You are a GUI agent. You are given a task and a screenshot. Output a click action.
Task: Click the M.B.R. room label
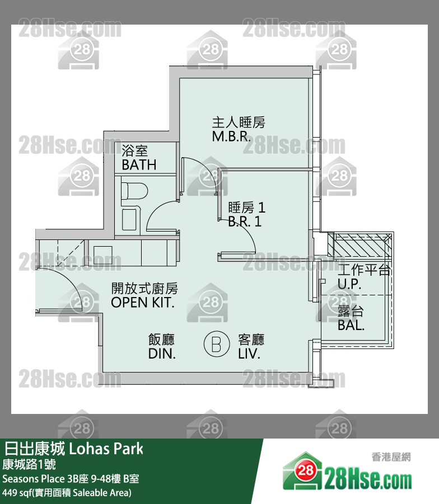[x=231, y=136]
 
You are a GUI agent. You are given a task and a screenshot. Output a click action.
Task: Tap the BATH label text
[x=139, y=165]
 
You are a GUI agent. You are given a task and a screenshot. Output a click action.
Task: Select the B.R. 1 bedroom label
[x=245, y=222]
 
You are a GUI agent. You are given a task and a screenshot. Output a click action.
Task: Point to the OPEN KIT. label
[x=143, y=303]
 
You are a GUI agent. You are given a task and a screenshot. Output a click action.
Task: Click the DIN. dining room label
[x=162, y=354]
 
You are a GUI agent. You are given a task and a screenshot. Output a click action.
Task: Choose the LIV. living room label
[x=250, y=354]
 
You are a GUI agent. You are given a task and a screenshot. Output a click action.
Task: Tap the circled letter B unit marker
[x=215, y=343]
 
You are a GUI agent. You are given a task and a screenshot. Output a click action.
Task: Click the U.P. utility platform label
[x=349, y=284]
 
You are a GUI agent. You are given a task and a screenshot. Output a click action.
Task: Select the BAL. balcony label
[x=351, y=324]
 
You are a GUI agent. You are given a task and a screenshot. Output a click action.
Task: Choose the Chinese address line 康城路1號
[x=28, y=464]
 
